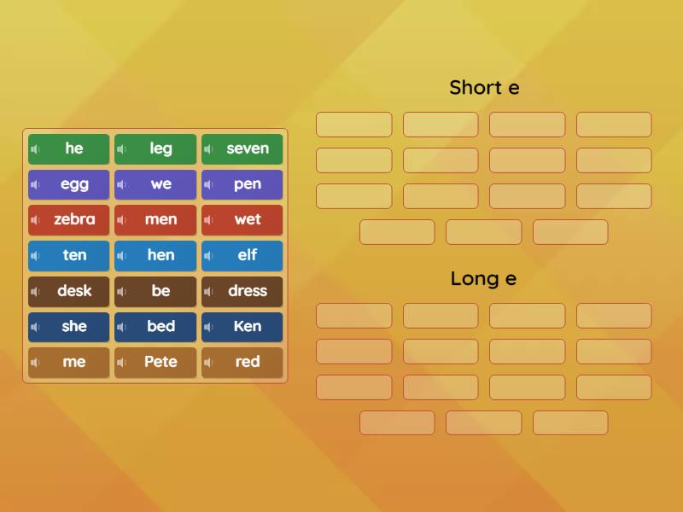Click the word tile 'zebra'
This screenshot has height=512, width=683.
74,220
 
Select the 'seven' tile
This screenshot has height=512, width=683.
247,149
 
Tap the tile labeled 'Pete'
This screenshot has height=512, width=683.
161,362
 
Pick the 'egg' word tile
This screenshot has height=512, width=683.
74,184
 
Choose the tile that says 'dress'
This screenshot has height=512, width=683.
247,291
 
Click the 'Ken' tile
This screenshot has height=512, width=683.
247,327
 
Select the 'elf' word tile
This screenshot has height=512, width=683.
247,255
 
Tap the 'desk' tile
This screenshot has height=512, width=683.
74,291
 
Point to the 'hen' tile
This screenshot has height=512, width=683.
161,255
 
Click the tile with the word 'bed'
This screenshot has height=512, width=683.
161,327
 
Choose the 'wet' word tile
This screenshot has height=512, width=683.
247,220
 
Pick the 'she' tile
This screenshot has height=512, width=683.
74,327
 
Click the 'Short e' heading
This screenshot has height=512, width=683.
484,87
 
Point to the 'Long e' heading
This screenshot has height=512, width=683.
483,278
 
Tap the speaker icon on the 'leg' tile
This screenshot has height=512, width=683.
122,149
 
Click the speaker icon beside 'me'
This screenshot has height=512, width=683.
36,363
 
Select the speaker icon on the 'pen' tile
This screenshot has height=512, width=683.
208,185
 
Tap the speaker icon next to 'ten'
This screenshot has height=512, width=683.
36,256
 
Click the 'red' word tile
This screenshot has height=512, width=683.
247,362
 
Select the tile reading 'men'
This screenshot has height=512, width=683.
161,220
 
